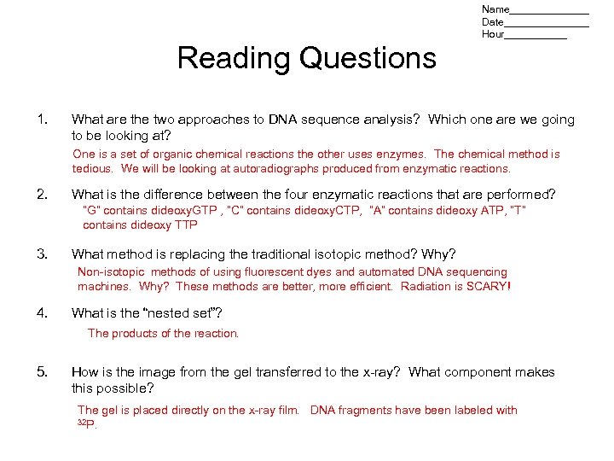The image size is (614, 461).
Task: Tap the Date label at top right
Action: point(492,22)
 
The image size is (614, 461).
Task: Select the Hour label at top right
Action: point(492,35)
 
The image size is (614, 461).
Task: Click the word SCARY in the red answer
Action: point(486,286)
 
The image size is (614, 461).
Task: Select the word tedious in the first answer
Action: point(92,169)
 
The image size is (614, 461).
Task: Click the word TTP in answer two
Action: point(186,225)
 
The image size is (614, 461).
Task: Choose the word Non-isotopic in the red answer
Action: point(109,272)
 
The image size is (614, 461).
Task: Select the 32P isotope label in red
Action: point(86,424)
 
